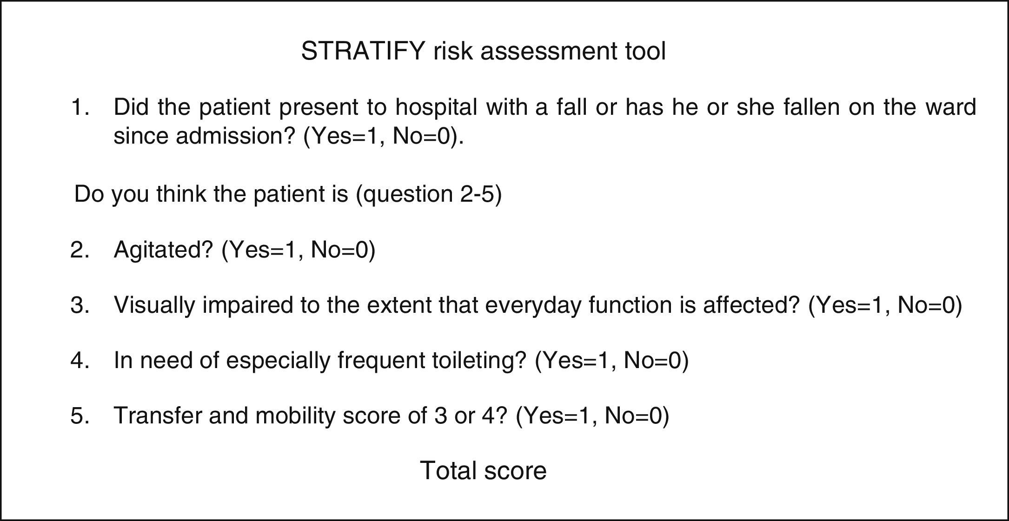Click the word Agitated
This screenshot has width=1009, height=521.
click(x=163, y=250)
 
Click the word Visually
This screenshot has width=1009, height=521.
click(x=155, y=305)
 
